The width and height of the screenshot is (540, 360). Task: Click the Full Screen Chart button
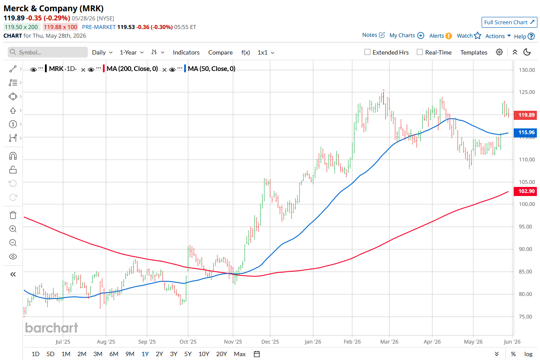pyautogui.click(x=509, y=22)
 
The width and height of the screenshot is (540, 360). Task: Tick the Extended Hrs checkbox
pyautogui.click(x=367, y=52)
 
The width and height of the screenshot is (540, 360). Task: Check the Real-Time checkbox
pyautogui.click(x=420, y=52)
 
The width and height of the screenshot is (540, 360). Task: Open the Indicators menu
pyautogui.click(x=186, y=52)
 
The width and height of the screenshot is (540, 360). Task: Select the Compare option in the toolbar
pyautogui.click(x=220, y=52)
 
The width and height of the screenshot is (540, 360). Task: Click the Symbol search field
pyautogui.click(x=48, y=52)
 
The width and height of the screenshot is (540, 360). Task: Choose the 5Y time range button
pyautogui.click(x=188, y=354)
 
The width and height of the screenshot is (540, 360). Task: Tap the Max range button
pyautogui.click(x=240, y=354)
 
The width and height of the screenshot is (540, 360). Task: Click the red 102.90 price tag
pyautogui.click(x=526, y=191)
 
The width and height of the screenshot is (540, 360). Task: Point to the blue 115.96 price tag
pyautogui.click(x=526, y=132)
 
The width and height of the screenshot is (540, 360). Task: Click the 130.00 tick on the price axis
pyautogui.click(x=527, y=70)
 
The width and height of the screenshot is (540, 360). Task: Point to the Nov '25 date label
pyautogui.click(x=233, y=342)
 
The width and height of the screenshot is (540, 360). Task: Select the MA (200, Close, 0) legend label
pyautogui.click(x=132, y=69)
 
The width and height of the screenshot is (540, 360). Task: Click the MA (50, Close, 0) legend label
pyautogui.click(x=211, y=69)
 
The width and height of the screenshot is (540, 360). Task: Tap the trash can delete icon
pyautogui.click(x=13, y=215)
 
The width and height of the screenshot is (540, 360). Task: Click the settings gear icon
pyautogui.click(x=499, y=52)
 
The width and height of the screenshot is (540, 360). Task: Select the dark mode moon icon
pyautogui.click(x=527, y=52)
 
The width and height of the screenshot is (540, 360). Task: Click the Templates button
pyautogui.click(x=474, y=52)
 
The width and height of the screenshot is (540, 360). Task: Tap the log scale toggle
pyautogui.click(x=528, y=354)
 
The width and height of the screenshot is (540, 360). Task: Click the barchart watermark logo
pyautogui.click(x=51, y=328)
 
